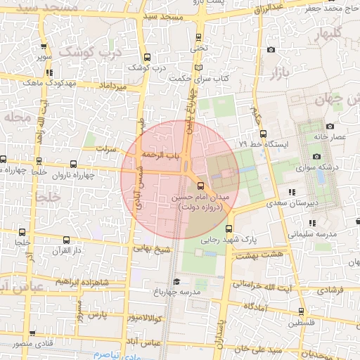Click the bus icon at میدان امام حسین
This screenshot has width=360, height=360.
[x=202, y=186]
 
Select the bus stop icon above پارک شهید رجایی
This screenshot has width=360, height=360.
[x=229, y=229]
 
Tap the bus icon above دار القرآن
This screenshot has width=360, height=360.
[x=66, y=240]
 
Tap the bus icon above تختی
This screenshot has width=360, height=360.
[x=198, y=37]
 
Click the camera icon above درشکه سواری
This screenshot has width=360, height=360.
[x=316, y=156]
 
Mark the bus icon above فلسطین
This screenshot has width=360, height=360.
[x=302, y=311]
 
